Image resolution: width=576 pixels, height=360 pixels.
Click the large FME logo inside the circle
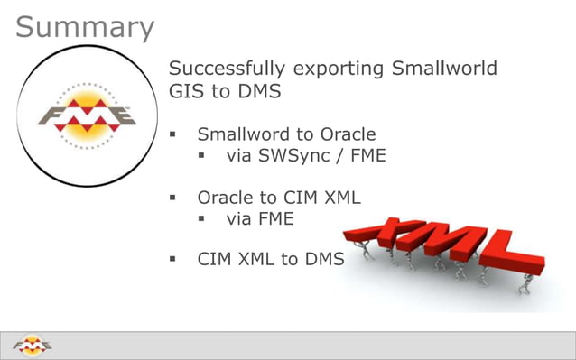88,115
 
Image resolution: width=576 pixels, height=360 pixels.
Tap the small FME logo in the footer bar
33,346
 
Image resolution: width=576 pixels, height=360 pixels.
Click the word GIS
187,91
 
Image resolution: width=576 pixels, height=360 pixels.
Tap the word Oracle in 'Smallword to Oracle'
348,134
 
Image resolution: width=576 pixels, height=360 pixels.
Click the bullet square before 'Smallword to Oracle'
175,135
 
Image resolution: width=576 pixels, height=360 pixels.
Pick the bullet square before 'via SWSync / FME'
203,157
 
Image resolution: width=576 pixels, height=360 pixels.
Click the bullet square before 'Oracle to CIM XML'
175,198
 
